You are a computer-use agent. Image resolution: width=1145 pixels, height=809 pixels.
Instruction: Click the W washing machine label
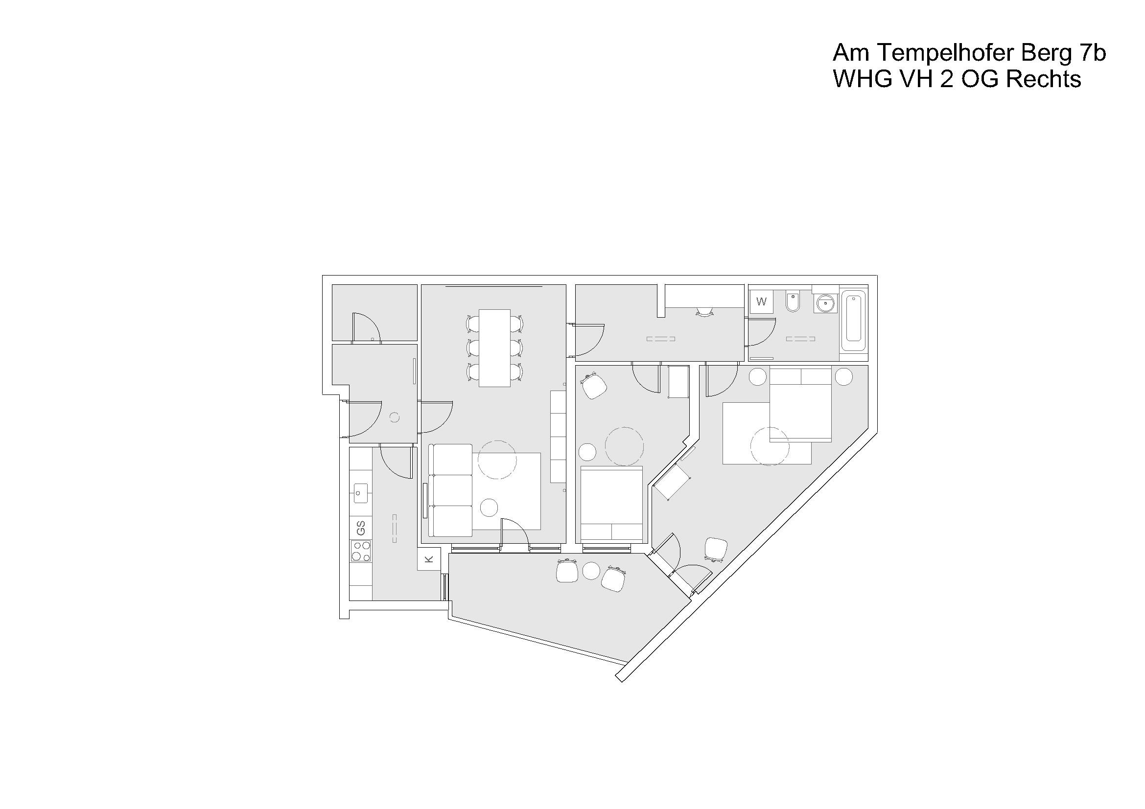(761, 301)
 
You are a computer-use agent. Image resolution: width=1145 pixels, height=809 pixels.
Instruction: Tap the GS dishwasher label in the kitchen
(361, 528)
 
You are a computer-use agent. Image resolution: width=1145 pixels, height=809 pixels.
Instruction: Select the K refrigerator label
(429, 560)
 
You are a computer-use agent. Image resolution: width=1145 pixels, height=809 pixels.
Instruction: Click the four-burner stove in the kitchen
(361, 551)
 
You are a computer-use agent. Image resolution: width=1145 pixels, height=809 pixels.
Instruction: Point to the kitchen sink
(361, 493)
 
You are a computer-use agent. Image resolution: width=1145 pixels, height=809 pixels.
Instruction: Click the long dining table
(494, 348)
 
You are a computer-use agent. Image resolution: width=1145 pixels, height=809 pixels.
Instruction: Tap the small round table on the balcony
(591, 571)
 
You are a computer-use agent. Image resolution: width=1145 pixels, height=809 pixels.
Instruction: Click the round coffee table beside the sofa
(489, 508)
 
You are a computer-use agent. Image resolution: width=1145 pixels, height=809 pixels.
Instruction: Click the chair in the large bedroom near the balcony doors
(716, 550)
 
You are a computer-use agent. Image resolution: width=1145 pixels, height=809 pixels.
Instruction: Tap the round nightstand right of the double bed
(844, 376)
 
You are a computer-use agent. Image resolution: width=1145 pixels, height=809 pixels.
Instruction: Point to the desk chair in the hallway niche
(704, 312)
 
